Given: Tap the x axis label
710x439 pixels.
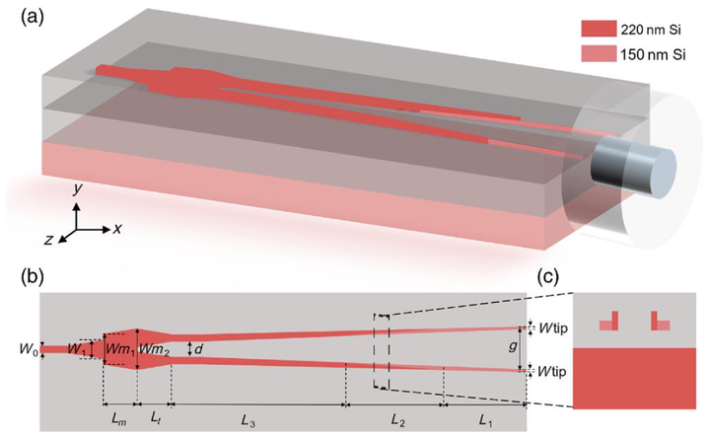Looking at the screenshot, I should coord(116,227).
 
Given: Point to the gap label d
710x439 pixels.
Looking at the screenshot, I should coord(199,347).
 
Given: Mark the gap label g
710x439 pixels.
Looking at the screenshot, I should coord(511,347).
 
